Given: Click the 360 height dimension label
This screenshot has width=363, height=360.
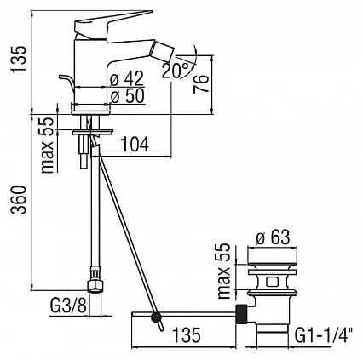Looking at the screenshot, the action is pyautogui.click(x=19, y=200).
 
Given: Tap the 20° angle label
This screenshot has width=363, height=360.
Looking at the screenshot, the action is pyautogui.click(x=176, y=70).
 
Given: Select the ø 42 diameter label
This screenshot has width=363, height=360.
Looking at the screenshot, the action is pyautogui.click(x=127, y=78).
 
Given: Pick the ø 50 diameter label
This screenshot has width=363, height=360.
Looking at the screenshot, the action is pyautogui.click(x=127, y=96).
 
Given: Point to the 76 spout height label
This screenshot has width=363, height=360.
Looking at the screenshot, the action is pyautogui.click(x=201, y=84).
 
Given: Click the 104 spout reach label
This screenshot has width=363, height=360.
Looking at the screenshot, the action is pyautogui.click(x=135, y=144).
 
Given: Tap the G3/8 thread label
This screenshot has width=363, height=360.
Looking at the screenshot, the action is pyautogui.click(x=68, y=306).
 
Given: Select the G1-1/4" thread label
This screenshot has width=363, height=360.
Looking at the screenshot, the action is pyautogui.click(x=324, y=335).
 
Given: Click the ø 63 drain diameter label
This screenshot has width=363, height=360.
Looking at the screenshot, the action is pyautogui.click(x=273, y=237).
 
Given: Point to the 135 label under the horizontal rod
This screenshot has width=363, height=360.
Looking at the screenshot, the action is pyautogui.click(x=187, y=334).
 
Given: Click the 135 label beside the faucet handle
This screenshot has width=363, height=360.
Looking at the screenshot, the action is pyautogui.click(x=19, y=60).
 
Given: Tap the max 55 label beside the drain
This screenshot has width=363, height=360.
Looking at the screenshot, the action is pyautogui.click(x=224, y=271).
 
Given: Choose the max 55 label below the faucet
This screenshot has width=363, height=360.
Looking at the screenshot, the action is pyautogui.click(x=48, y=145).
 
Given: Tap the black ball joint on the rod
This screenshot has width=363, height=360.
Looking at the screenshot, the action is pyautogui.click(x=156, y=317).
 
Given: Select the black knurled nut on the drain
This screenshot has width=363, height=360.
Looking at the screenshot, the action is pyautogui.click(x=242, y=314).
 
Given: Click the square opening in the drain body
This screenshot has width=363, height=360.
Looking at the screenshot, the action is pyautogui.click(x=272, y=282).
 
